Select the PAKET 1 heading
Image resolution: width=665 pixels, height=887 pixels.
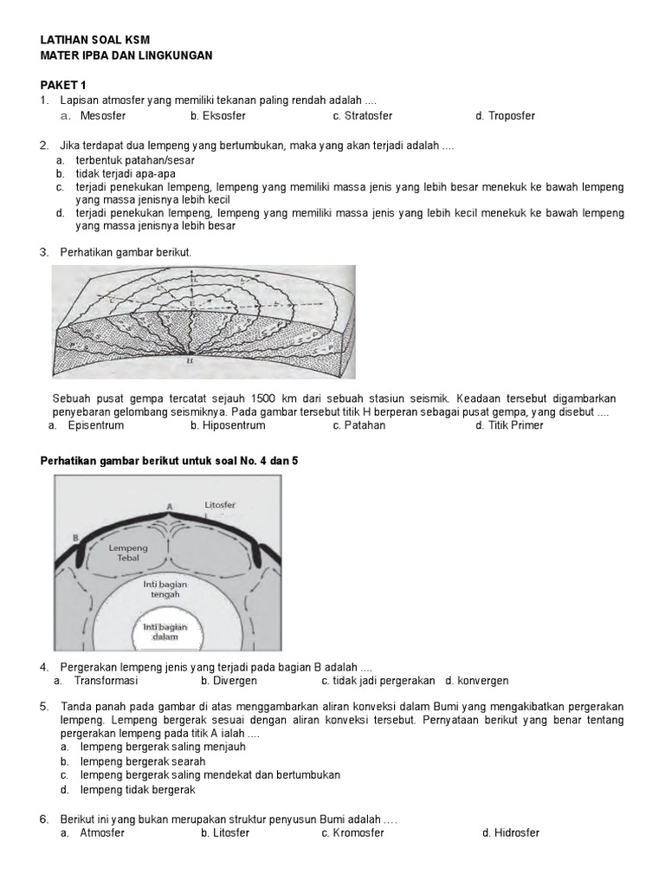point(64,85)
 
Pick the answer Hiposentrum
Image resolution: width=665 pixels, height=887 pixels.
point(228,425)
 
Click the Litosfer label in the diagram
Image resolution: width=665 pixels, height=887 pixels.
point(220,504)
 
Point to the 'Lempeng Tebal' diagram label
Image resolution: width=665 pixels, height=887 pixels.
point(128,554)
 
